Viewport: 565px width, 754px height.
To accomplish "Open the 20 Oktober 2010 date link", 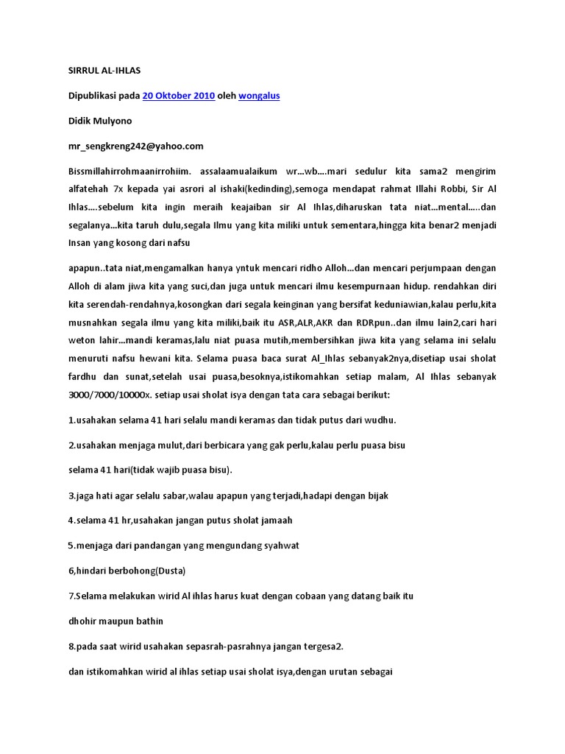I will click(x=178, y=96).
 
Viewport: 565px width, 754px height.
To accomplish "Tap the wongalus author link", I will click(x=259, y=96).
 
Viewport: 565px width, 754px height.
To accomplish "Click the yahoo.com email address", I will click(x=135, y=146).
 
